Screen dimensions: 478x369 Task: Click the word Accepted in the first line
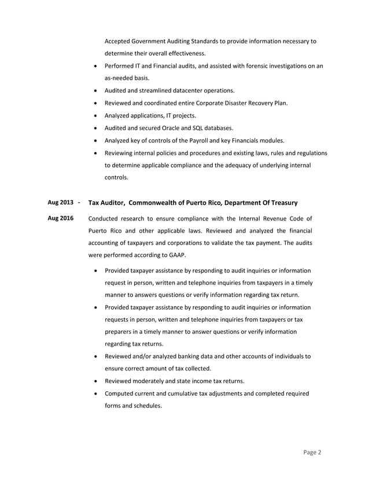click(118, 41)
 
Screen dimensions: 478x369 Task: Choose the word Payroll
click(201, 141)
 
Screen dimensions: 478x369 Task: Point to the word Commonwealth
click(156, 203)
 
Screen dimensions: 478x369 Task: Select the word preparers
click(120, 332)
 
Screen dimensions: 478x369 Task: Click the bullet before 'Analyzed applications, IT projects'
click(95, 116)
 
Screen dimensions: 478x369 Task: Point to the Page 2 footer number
click(312, 452)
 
